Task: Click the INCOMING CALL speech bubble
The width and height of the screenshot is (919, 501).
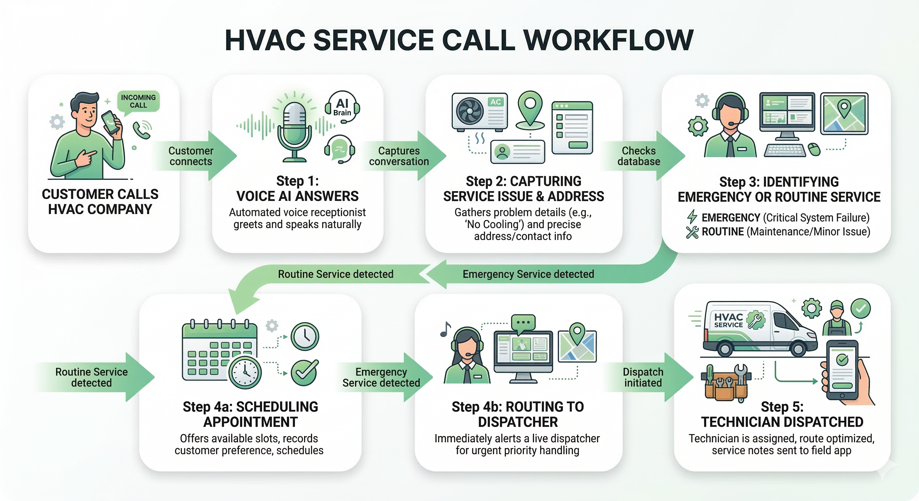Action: pos(138,101)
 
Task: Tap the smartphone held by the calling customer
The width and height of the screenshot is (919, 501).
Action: pos(111,122)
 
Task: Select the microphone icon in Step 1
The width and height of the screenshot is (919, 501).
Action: pos(295,129)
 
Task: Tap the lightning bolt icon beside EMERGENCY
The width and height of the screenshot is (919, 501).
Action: pos(692,217)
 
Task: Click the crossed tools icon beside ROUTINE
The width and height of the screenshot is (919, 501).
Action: pos(692,232)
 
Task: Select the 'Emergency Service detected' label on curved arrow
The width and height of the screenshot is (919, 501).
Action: pos(528,274)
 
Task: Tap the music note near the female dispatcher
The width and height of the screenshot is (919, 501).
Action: pos(445,329)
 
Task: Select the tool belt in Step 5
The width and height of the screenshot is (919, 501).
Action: pos(725,383)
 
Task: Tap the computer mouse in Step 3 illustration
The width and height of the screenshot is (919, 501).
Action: pos(814,149)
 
